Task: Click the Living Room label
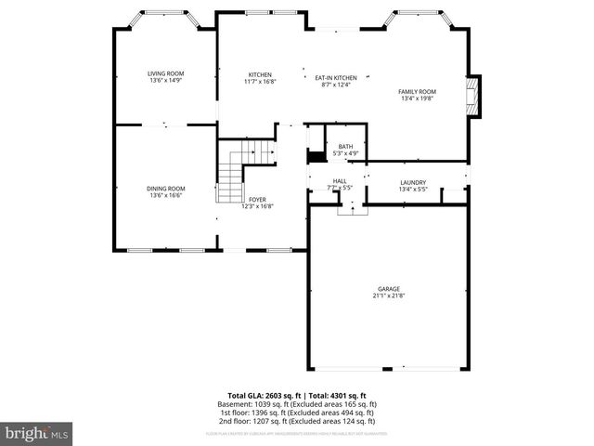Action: (166, 73)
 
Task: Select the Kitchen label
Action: (260, 74)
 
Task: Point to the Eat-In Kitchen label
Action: (335, 78)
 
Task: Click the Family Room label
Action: (417, 91)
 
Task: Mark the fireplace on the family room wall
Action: (476, 96)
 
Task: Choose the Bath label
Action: (345, 146)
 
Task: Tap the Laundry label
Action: (413, 182)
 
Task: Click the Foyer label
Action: (257, 200)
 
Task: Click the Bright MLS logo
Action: (37, 433)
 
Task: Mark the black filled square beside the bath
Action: (316, 156)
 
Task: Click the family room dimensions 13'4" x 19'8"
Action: (417, 98)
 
